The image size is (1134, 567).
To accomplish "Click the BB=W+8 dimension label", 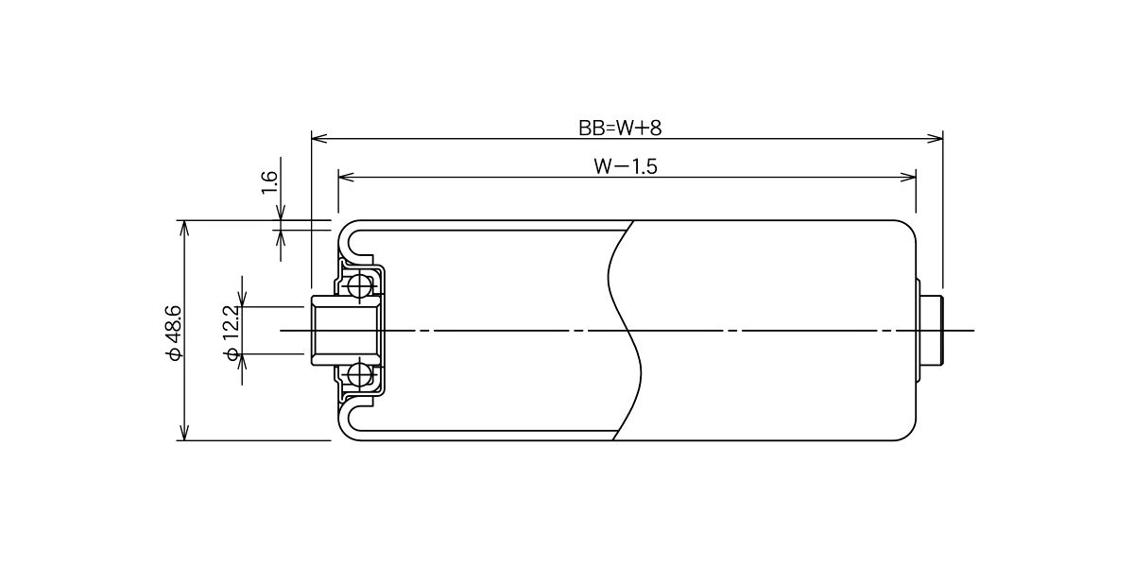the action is [x=620, y=129].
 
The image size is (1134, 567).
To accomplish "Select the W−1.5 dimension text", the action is [x=626, y=166].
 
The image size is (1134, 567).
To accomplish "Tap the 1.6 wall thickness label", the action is [x=270, y=182].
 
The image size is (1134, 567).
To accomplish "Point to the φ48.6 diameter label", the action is [x=174, y=332].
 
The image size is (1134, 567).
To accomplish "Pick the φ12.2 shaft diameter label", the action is [x=232, y=333].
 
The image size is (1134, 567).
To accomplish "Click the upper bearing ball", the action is [x=359, y=287].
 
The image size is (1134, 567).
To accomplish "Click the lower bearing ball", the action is [x=359, y=374].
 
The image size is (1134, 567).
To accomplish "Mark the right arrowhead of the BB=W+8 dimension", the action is [x=935, y=138].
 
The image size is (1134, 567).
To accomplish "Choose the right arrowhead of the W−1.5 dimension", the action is [x=908, y=178].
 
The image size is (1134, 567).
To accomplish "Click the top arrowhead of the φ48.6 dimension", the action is [x=185, y=229].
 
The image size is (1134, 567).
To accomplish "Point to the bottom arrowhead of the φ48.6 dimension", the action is [x=185, y=432].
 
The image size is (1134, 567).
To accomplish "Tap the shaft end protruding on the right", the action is [x=931, y=331].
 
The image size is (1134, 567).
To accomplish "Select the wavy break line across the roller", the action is [x=625, y=331].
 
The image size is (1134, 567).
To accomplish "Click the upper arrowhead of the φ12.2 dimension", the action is [x=243, y=299].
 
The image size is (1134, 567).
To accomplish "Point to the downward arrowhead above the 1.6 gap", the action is [x=281, y=213].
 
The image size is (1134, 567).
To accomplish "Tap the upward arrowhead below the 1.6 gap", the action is [x=281, y=238].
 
